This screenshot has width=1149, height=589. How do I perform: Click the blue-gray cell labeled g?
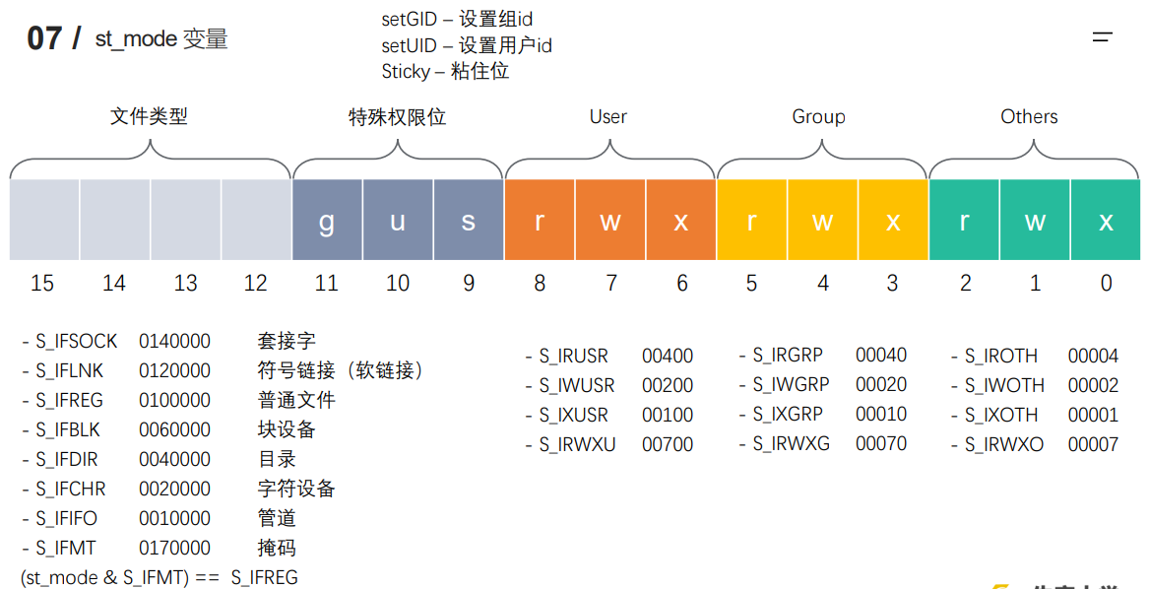point(327,220)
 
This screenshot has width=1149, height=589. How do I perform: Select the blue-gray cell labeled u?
point(398,220)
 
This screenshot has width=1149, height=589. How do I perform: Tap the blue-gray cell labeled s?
point(469,220)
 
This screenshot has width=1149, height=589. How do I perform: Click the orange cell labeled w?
point(610,220)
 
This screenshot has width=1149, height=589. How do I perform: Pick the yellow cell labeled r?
point(751,220)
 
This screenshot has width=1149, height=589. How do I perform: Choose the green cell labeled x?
point(1106,220)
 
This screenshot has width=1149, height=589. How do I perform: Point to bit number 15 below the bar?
point(42,284)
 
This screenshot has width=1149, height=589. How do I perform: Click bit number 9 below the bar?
point(469,284)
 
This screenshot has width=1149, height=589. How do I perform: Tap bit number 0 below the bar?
point(1106,284)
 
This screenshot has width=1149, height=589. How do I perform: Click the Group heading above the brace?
point(818,116)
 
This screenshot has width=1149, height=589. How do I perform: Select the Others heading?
point(1029,116)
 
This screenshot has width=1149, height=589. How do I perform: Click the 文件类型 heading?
point(149,116)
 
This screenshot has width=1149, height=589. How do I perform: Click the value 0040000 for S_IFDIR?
point(174,459)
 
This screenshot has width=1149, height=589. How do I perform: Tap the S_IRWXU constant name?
point(577,444)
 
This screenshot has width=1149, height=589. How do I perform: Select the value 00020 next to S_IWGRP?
point(881,384)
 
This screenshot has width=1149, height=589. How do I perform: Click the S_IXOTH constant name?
point(1001,415)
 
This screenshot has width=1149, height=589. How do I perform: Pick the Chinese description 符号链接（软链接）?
point(340,370)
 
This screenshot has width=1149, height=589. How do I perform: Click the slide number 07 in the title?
point(44,38)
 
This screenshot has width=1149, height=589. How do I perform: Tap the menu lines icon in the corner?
point(1103,37)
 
